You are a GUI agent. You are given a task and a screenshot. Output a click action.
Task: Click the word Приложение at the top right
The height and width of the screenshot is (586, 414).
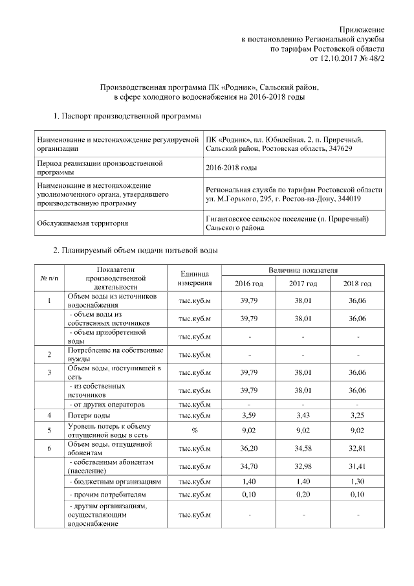363,30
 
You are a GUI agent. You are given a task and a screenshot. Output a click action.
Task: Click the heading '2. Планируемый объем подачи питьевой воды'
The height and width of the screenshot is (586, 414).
135,250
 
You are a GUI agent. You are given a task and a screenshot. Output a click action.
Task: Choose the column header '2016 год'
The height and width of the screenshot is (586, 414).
248,284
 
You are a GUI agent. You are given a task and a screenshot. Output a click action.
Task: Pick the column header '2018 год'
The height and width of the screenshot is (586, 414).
357,284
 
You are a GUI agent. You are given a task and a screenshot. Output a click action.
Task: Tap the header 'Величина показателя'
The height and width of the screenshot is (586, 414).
303,269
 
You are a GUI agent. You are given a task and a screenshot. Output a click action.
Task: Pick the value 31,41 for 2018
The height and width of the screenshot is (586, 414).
357,466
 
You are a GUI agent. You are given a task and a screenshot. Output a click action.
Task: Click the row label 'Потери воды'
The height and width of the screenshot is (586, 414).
89,414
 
